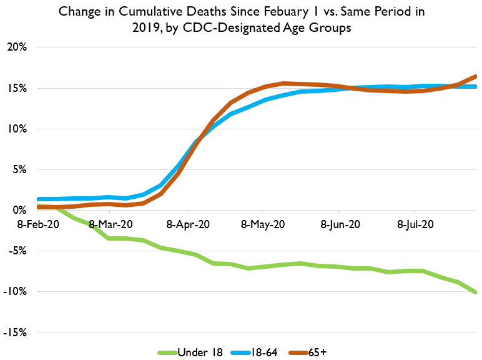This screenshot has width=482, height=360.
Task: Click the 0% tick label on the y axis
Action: (20, 211)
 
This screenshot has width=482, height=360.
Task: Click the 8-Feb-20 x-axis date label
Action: (34, 223)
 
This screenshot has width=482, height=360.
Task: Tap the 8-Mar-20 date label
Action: (111, 223)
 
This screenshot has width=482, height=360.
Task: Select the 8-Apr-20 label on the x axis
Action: (188, 223)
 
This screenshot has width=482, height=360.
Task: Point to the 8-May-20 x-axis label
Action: (263, 223)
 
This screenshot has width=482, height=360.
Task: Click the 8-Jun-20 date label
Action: (340, 223)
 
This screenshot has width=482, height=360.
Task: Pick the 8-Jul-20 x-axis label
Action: (415, 223)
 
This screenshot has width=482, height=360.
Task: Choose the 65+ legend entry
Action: (315, 352)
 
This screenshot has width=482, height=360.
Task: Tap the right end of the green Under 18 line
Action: (476, 292)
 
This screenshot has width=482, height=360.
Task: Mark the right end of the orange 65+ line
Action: (476, 76)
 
